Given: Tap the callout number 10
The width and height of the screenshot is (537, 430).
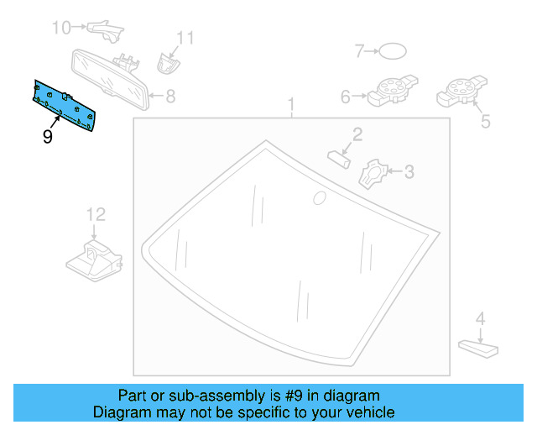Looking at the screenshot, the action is tap(62, 28).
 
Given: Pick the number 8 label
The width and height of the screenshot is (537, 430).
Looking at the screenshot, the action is tap(170, 96).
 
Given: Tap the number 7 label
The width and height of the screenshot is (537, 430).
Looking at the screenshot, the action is tap(358, 52).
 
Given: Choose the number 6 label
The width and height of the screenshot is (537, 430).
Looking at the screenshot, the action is tap(345, 97).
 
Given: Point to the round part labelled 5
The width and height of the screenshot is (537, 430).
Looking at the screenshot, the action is tap(460, 90).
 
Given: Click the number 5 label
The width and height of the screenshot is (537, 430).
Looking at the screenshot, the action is tap(485, 123).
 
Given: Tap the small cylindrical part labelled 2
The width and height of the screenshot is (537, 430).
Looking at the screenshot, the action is tap(340, 158).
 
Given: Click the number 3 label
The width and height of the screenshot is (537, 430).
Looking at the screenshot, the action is tap(409, 172).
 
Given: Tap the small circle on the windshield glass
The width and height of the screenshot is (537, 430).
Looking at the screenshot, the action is tap(318, 198).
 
